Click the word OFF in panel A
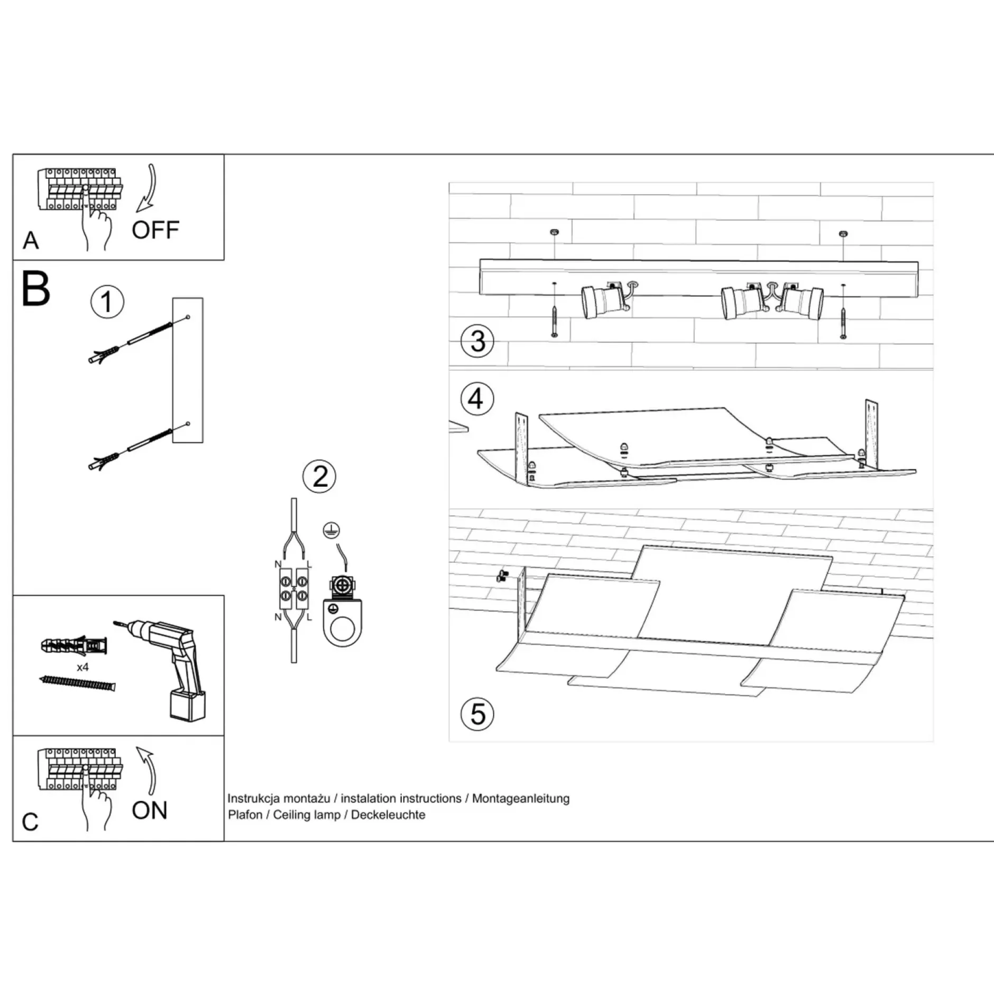coord(155,230)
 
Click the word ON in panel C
coord(150,810)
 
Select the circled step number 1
coord(107,302)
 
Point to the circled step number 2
coord(319,477)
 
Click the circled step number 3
coord(477,341)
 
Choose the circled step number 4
coord(477,399)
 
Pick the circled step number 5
coord(477,714)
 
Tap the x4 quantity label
coord(82,667)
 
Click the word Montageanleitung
coord(521,798)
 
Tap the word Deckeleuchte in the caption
coord(388,815)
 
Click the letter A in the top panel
coord(31,241)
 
